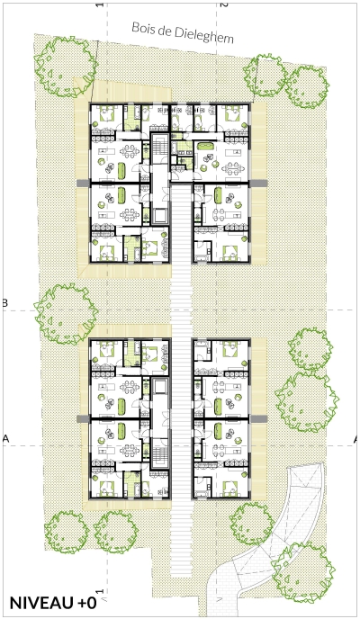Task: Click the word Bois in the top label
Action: tap(143, 29)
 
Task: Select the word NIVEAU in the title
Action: tap(40, 603)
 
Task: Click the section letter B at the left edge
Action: tap(4, 303)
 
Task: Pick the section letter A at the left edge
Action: tap(5, 438)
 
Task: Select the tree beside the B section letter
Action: tap(66, 314)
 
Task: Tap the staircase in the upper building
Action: tap(160, 146)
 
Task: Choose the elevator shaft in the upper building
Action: tap(160, 216)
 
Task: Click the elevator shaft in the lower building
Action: tap(160, 388)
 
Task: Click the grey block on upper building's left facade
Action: tap(84, 184)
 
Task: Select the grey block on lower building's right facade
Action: tap(258, 418)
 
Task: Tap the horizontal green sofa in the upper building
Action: tap(205, 146)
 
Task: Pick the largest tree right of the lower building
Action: tap(306, 402)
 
